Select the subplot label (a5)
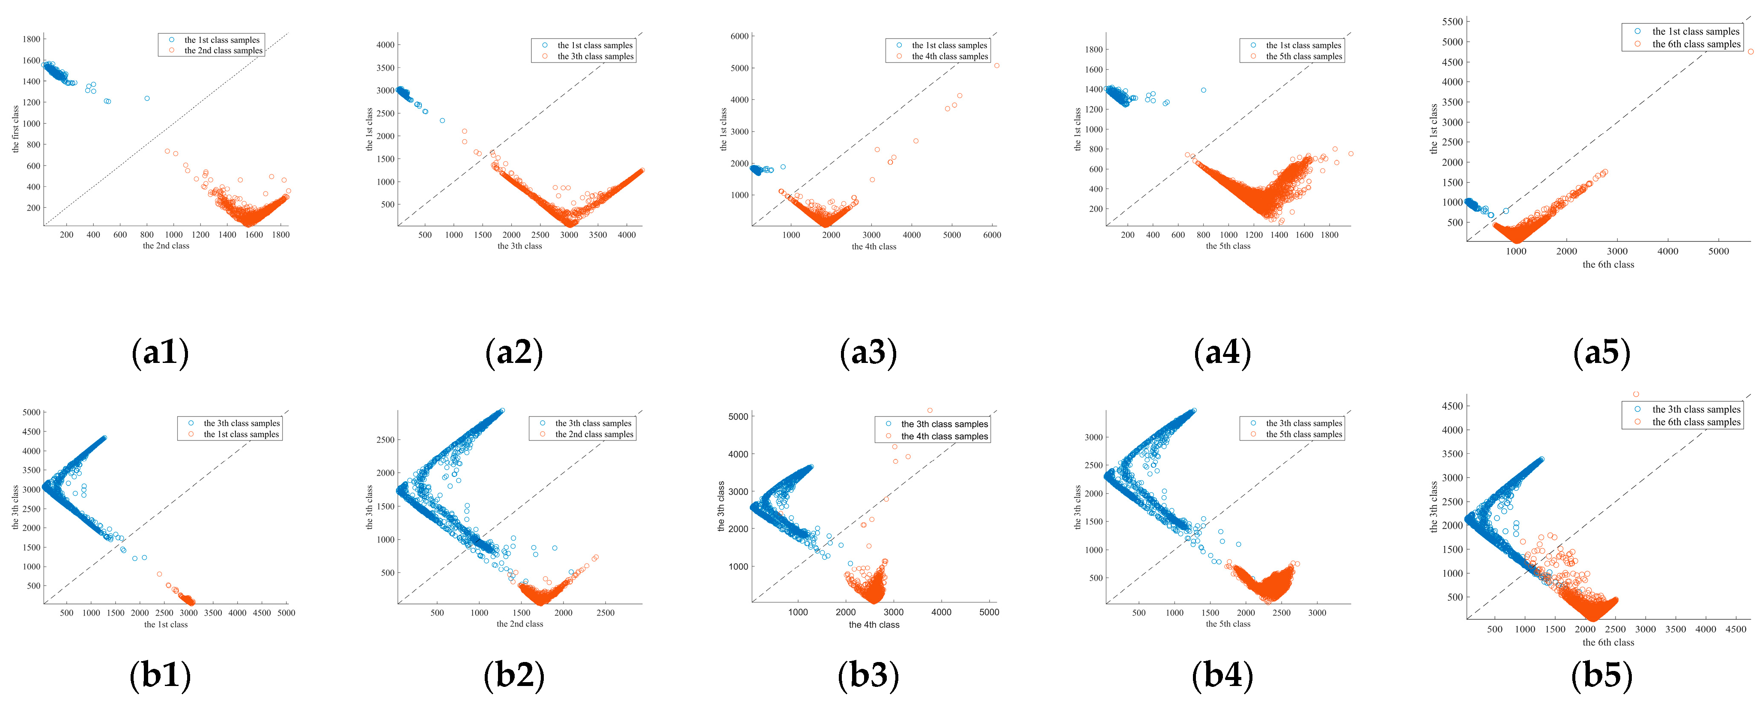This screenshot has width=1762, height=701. pyautogui.click(x=1601, y=353)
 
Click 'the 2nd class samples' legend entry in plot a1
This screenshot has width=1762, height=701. pyautogui.click(x=223, y=51)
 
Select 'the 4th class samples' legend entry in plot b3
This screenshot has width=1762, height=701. pyautogui.click(x=944, y=436)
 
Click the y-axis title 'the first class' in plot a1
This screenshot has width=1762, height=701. pyautogui.click(x=15, y=129)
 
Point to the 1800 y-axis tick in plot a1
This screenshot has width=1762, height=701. pyautogui.click(x=31, y=39)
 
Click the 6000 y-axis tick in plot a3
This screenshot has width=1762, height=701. pyautogui.click(x=739, y=36)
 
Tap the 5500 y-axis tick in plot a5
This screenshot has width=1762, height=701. pyautogui.click(x=1452, y=22)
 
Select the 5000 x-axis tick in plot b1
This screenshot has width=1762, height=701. pyautogui.click(x=286, y=613)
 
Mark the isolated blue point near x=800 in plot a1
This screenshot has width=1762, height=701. pyautogui.click(x=147, y=99)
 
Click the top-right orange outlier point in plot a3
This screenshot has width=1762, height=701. pyautogui.click(x=996, y=66)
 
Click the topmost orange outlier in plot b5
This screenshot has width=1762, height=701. pyautogui.click(x=1635, y=394)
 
